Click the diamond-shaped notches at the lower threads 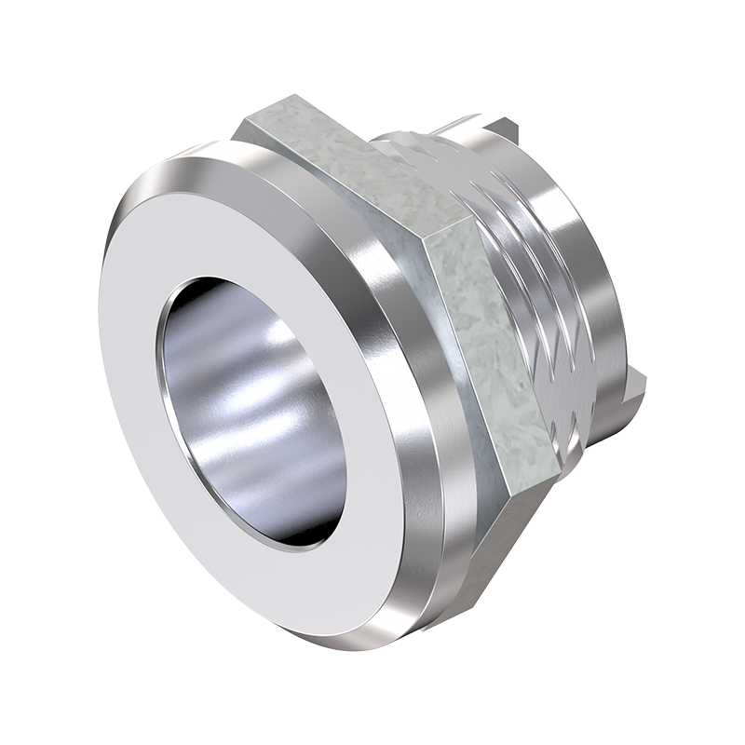tap(568, 410)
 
